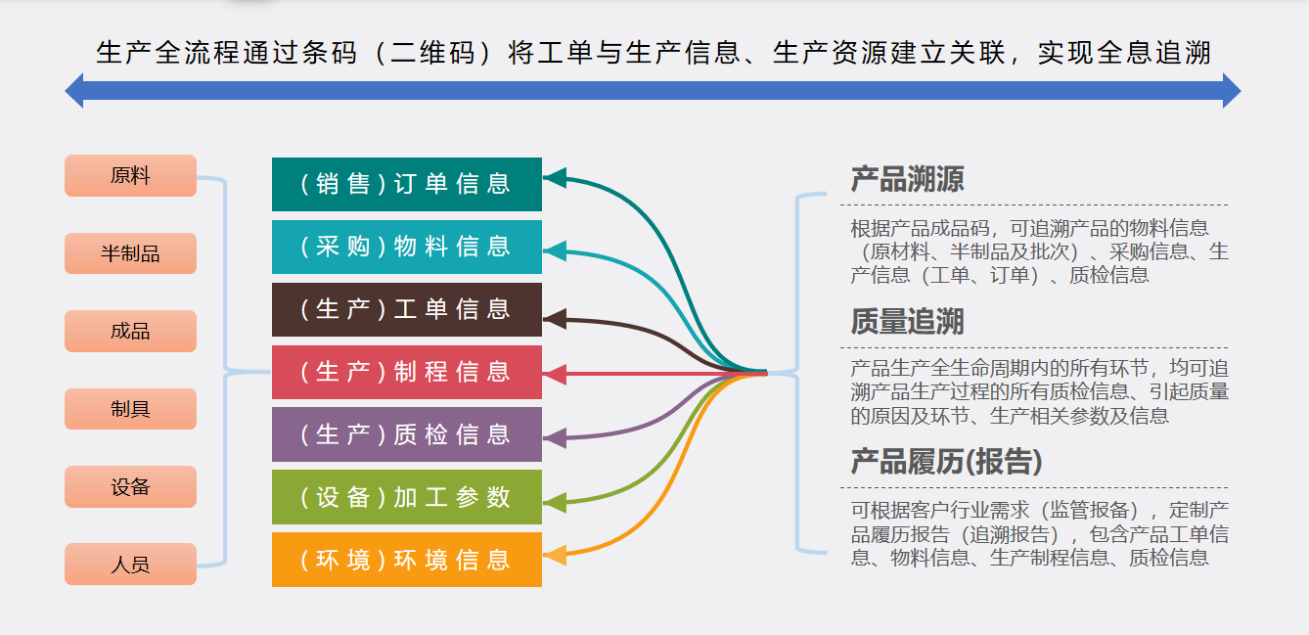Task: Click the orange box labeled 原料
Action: [130, 176]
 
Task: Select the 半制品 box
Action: [130, 253]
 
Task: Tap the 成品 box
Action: [130, 331]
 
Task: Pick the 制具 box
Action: [130, 409]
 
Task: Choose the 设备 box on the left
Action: [130, 486]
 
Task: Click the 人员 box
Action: [130, 565]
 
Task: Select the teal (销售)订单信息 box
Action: [406, 184]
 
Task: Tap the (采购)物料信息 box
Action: [406, 247]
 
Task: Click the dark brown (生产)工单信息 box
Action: [406, 309]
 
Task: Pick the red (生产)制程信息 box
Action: [406, 372]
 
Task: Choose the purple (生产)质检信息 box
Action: [406, 434]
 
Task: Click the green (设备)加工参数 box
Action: [406, 497]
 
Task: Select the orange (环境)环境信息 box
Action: [406, 560]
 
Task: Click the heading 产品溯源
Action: [907, 179]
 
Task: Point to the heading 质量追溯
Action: [907, 321]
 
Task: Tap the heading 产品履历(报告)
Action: [946, 462]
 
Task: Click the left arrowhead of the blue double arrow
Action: [74, 91]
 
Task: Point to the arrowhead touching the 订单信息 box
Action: [555, 177]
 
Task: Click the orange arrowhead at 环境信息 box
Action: [555, 556]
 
